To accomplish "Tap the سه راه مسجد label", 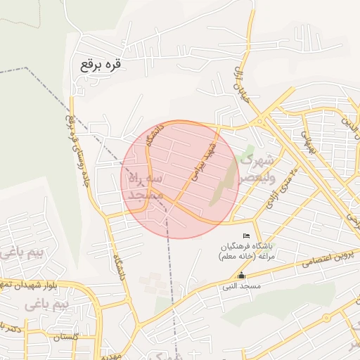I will click(146, 187).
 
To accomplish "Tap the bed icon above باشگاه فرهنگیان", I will click(246, 235).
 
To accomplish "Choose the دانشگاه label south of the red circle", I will click(117, 267).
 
